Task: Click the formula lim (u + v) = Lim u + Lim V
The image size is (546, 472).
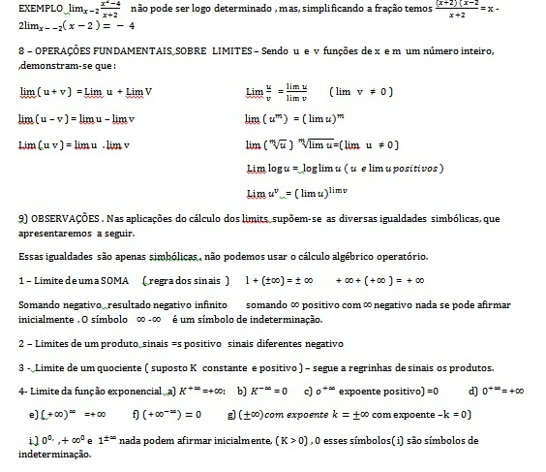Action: (86, 92)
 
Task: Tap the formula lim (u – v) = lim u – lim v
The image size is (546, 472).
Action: (76, 118)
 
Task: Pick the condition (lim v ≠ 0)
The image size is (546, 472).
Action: (359, 91)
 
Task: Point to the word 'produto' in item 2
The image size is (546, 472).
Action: (106, 344)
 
